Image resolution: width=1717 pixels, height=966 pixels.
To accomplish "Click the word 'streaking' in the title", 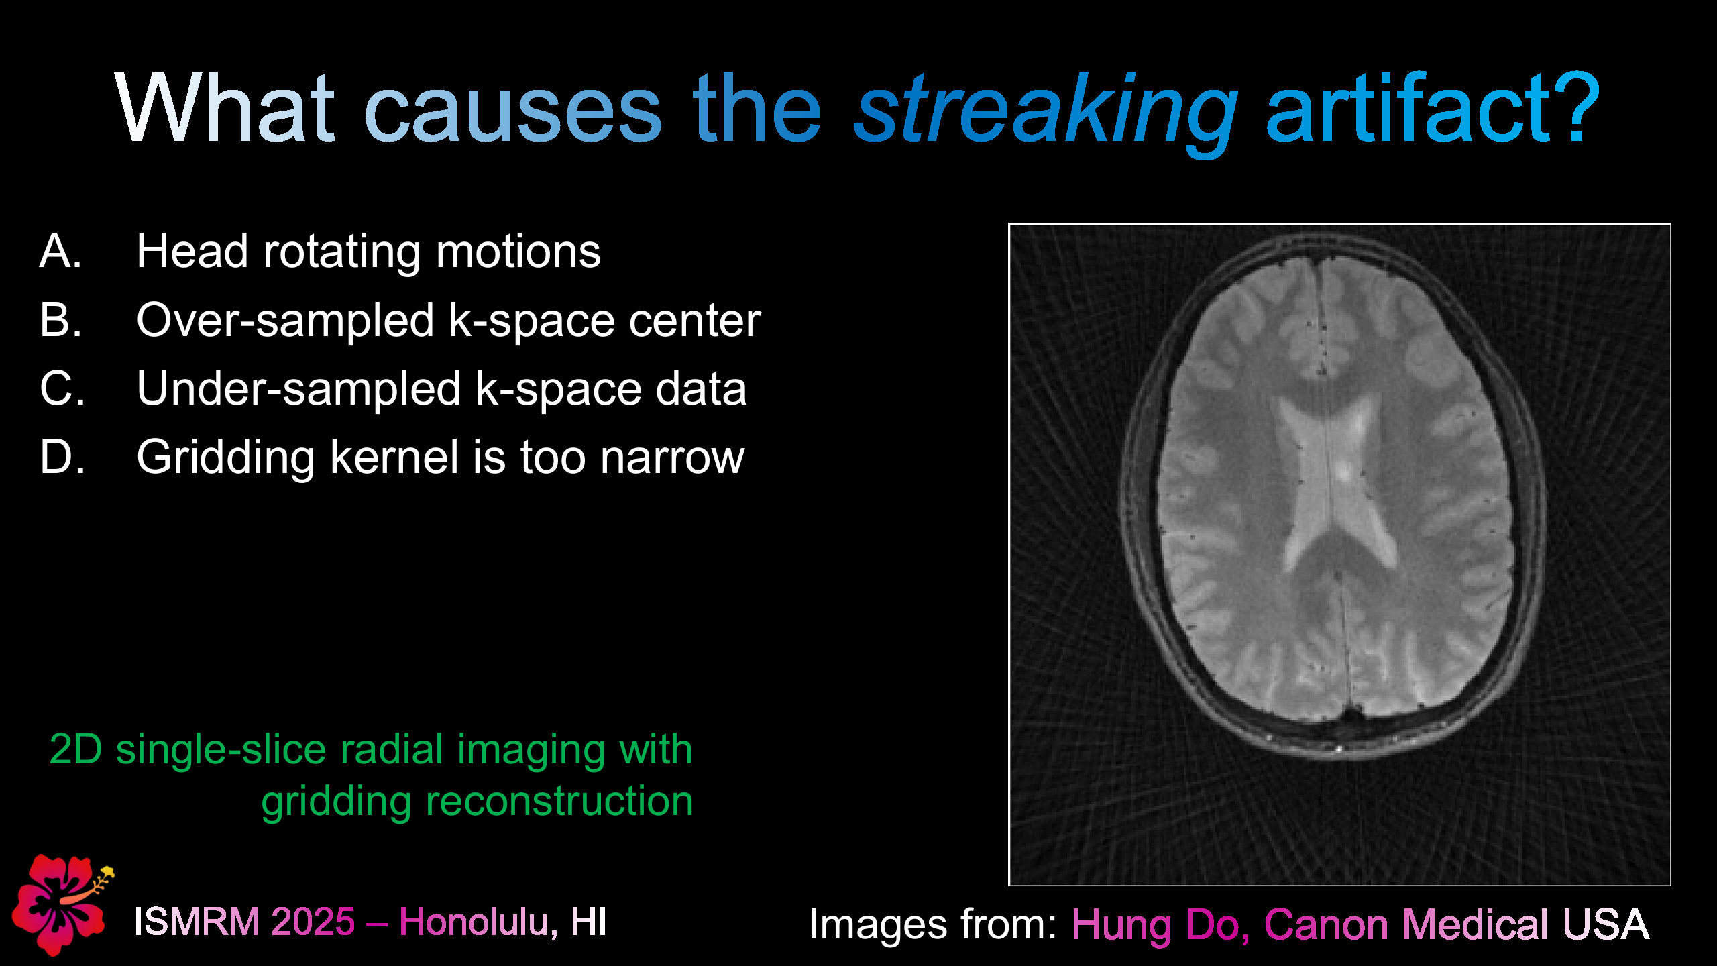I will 1045,111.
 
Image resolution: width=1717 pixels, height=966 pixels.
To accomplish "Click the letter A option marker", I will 60,252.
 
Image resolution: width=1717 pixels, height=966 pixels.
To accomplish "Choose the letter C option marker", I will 62,389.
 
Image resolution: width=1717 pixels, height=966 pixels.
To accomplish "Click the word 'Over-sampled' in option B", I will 285,321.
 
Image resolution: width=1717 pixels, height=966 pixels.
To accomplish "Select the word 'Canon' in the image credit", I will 1325,925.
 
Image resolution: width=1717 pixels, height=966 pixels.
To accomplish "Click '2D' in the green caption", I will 75,749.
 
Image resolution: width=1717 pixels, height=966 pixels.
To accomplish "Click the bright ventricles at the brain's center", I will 1331,483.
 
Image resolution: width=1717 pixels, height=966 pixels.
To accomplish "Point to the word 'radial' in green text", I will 392,749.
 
